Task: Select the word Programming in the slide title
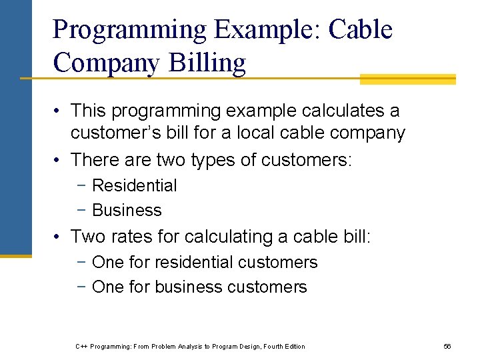pyautogui.click(x=130, y=30)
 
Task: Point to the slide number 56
pyautogui.click(x=447, y=346)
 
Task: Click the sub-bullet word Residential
pyautogui.click(x=134, y=185)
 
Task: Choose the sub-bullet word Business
pyautogui.click(x=127, y=210)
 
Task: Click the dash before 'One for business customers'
pyautogui.click(x=83, y=287)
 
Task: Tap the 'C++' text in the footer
pyautogui.click(x=81, y=346)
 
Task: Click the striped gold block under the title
pyautogui.click(x=407, y=79)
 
